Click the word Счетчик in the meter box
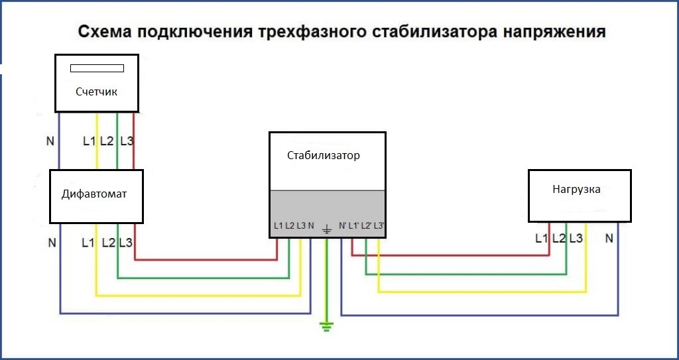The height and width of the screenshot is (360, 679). [x=96, y=92]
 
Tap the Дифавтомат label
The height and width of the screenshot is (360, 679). [x=94, y=194]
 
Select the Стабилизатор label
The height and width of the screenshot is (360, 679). [x=323, y=156]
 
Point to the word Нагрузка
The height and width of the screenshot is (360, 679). [x=576, y=190]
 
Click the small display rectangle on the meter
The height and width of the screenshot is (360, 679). [x=97, y=68]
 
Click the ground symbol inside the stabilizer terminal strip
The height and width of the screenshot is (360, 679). [x=327, y=229]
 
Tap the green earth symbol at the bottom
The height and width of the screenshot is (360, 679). [x=327, y=327]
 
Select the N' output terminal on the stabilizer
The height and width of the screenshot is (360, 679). [x=342, y=226]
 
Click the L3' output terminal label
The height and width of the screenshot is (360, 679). [x=379, y=226]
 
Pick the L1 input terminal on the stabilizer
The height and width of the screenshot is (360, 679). [x=278, y=226]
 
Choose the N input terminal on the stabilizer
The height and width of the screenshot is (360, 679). [x=311, y=226]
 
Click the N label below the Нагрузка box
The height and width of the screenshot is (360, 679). [x=609, y=238]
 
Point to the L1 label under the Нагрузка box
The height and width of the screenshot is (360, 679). [x=541, y=238]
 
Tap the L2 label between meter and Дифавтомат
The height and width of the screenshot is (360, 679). [x=107, y=141]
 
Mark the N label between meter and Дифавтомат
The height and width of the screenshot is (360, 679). [x=50, y=141]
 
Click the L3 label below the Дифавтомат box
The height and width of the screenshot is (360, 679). [x=125, y=243]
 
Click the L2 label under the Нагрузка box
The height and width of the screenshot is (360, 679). [x=559, y=238]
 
